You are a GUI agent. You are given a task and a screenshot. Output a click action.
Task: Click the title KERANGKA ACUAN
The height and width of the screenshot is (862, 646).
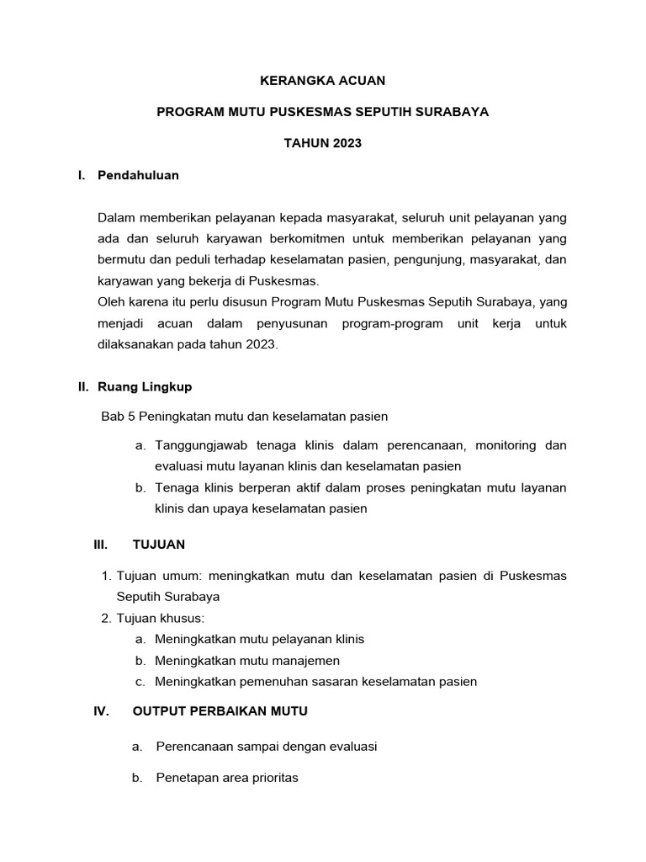pos(322,81)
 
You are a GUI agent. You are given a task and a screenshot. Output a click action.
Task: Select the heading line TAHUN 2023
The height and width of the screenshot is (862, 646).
pos(322,143)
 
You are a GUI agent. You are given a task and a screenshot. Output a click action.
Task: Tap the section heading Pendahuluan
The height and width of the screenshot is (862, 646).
pos(138,175)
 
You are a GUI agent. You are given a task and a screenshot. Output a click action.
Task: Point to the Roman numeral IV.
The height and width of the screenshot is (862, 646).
pos(101,711)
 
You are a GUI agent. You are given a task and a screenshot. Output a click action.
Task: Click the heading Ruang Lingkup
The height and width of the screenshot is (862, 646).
pos(145,386)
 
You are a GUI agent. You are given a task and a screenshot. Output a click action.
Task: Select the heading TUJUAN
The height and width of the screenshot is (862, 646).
pos(159,545)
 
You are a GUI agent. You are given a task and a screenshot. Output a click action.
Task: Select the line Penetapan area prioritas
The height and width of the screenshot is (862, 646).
pos(227,778)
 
